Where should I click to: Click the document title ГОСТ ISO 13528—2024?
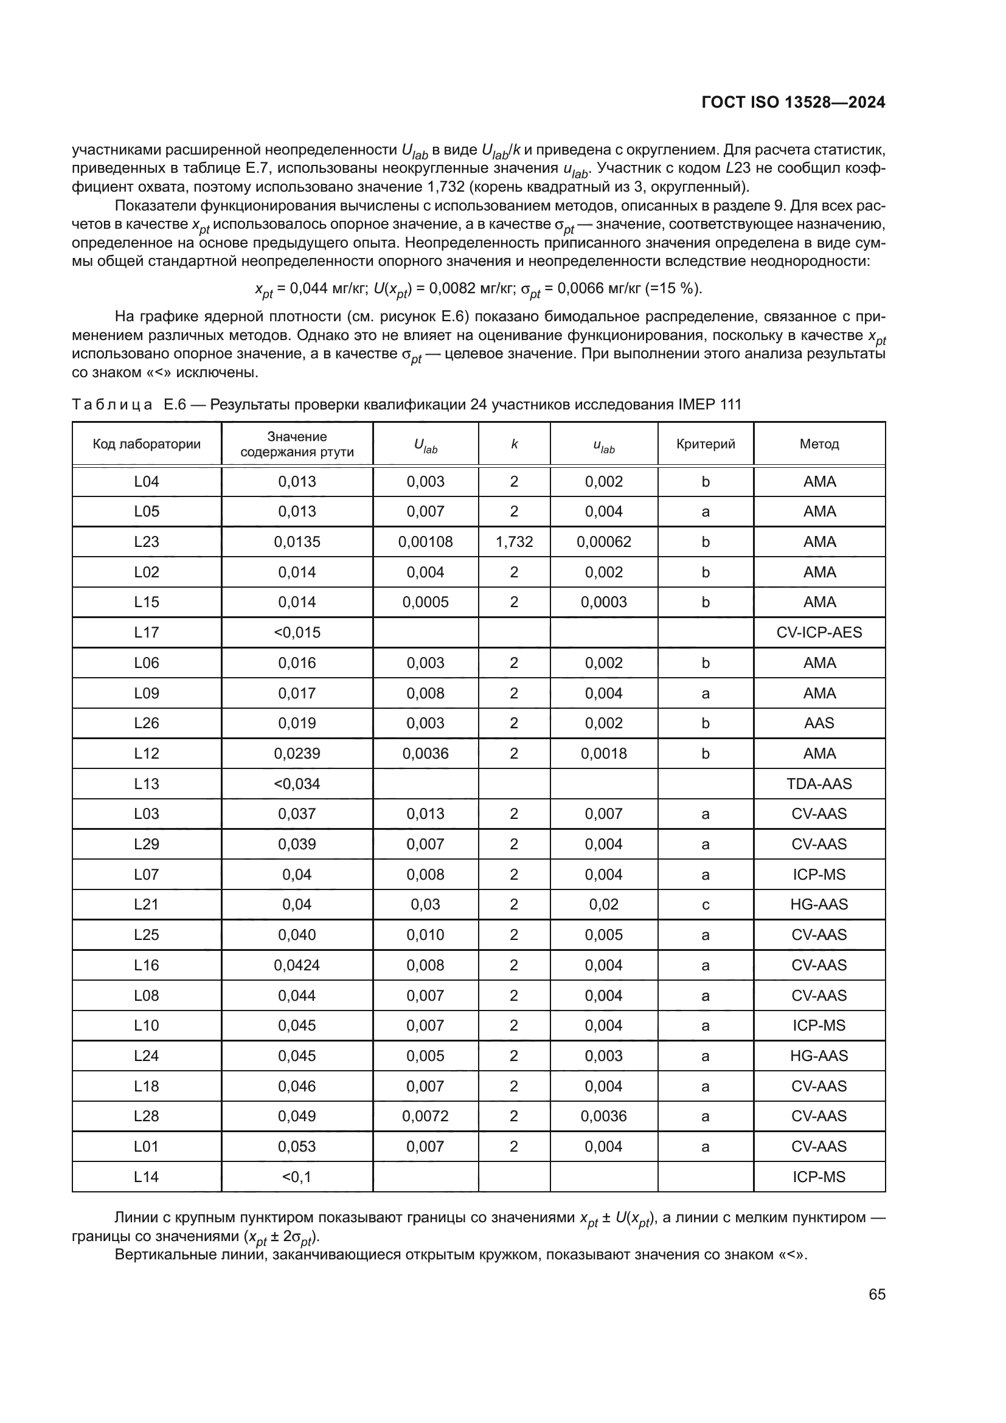pyautogui.click(x=793, y=102)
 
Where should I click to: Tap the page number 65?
pyautogui.click(x=876, y=1295)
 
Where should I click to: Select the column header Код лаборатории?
pyautogui.click(x=147, y=444)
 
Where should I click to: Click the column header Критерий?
pyautogui.click(x=706, y=444)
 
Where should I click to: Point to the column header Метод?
pyautogui.click(x=819, y=444)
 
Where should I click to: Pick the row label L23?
pyautogui.click(x=147, y=541)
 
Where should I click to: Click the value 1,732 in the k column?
pyautogui.click(x=514, y=541)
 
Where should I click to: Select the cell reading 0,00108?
pyautogui.click(x=426, y=541)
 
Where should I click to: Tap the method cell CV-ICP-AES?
pyautogui.click(x=819, y=632)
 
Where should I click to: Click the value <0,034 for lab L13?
pyautogui.click(x=297, y=784)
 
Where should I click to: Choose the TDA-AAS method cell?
pyautogui.click(x=819, y=784)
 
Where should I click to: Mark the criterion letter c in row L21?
pyautogui.click(x=706, y=904)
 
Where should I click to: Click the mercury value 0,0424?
pyautogui.click(x=297, y=965)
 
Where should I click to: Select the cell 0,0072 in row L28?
pyautogui.click(x=426, y=1116)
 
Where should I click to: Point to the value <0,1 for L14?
pyautogui.click(x=297, y=1177)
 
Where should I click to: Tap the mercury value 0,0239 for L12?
pyautogui.click(x=297, y=753)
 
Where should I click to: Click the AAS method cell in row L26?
pyautogui.click(x=819, y=723)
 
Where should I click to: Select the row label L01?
pyautogui.click(x=147, y=1147)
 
